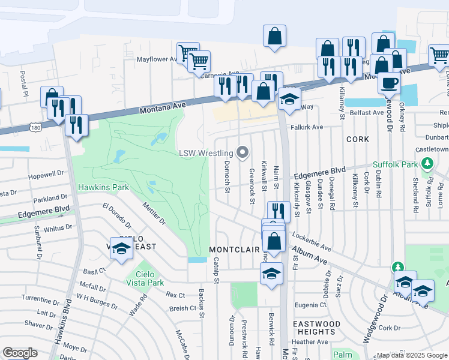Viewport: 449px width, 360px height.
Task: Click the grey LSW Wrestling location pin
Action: [243, 153]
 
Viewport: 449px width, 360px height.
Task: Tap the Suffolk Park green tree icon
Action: [427, 163]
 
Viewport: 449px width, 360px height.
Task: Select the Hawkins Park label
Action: [103, 187]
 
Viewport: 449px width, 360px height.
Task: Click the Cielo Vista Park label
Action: [145, 278]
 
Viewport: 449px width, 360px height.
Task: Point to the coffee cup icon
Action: [389, 83]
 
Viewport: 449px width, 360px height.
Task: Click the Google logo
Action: [20, 353]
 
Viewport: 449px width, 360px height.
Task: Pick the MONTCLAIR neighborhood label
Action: [234, 249]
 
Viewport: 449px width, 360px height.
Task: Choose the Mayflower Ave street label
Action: [157, 59]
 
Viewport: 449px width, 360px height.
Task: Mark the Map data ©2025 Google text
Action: [412, 355]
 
